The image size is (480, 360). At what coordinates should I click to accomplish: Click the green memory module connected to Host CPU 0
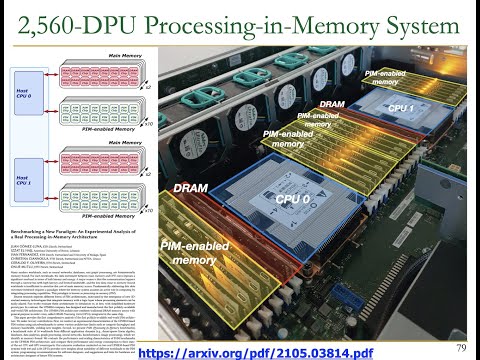pos(99,110)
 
